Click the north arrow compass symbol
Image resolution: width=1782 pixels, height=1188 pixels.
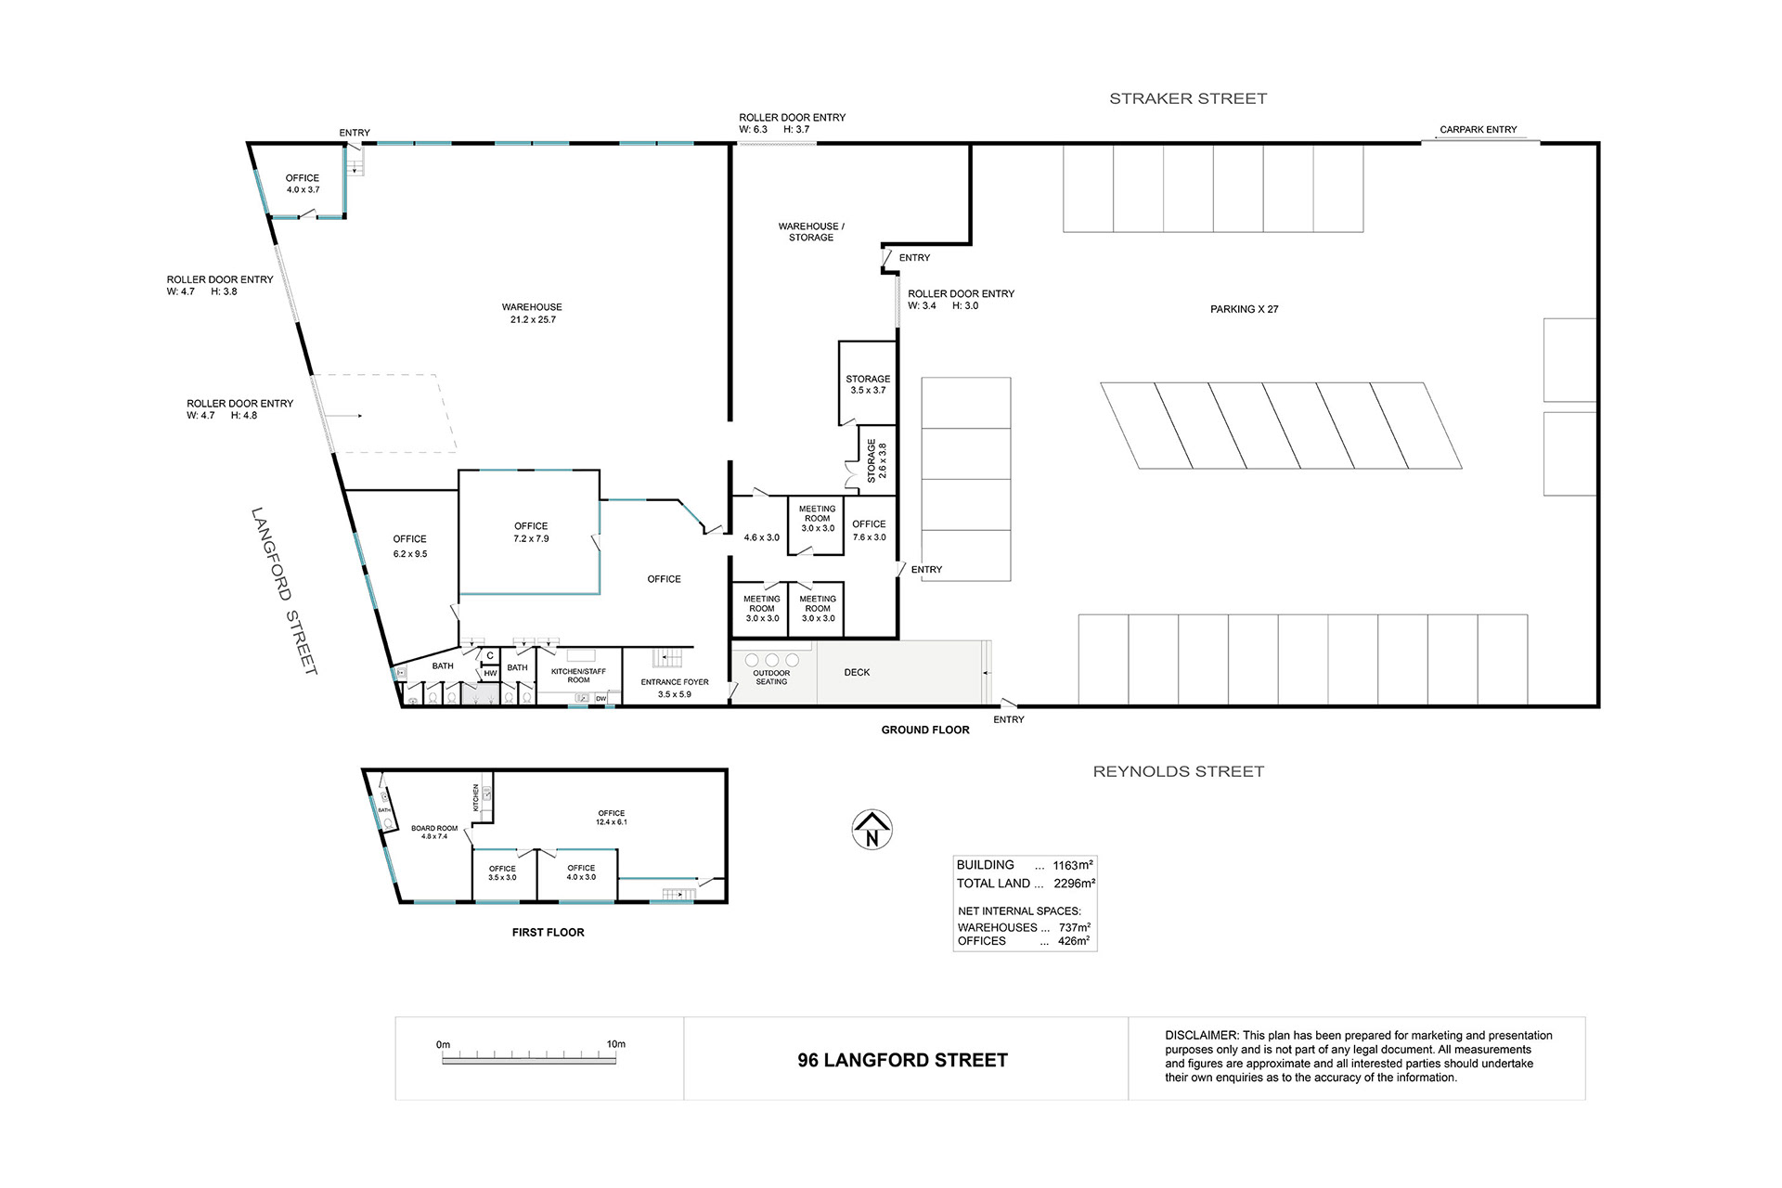[872, 829]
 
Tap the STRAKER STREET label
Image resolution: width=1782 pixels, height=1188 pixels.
[1188, 98]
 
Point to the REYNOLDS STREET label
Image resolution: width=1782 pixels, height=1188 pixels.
[1179, 771]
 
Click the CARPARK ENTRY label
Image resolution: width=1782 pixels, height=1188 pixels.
[1479, 130]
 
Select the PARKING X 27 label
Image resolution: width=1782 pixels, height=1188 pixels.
[1245, 309]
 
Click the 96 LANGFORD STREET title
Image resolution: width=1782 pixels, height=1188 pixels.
[902, 1060]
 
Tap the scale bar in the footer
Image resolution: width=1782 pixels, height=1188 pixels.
[529, 1057]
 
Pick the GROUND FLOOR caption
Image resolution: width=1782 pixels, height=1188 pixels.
[925, 730]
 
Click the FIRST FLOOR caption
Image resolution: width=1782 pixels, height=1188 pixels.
[549, 933]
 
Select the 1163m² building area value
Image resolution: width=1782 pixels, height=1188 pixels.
[1073, 865]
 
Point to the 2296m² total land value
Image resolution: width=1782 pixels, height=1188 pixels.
[1074, 884]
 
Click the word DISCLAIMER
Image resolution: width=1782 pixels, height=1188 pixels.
[1201, 1036]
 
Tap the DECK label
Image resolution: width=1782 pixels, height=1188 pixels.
[858, 672]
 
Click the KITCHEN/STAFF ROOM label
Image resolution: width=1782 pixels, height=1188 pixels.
[578, 676]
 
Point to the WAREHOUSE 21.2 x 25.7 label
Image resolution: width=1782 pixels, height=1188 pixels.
[532, 313]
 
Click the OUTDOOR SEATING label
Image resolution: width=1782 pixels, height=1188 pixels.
[771, 678]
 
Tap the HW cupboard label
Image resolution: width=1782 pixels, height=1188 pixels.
[490, 674]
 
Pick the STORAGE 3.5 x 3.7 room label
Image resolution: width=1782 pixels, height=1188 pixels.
[868, 384]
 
